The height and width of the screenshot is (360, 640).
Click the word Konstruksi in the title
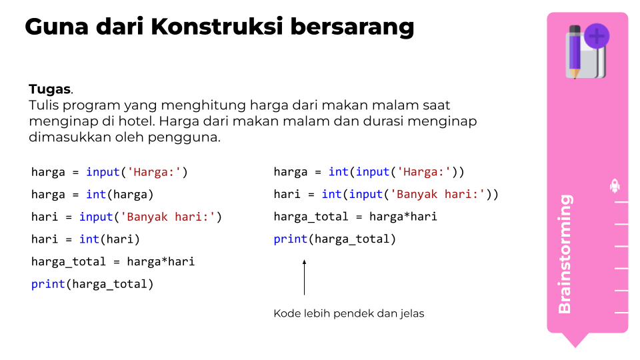tap(217, 27)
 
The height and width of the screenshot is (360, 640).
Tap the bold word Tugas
tap(49, 89)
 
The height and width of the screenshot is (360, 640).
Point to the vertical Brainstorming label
tap(565, 254)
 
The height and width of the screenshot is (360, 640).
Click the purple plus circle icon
tap(597, 36)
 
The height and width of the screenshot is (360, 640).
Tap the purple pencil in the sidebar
tap(575, 51)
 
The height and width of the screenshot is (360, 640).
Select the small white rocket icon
tap(615, 186)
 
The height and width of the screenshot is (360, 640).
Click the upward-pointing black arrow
tap(304, 277)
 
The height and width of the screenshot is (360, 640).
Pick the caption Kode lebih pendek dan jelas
tap(349, 313)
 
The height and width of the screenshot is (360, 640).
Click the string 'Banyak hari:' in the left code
tap(167, 217)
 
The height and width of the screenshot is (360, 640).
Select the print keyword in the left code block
tap(48, 284)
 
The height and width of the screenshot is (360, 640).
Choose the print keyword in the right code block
tap(290, 239)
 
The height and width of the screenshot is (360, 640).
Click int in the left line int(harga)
tap(96, 194)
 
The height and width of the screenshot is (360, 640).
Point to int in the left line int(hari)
tap(89, 239)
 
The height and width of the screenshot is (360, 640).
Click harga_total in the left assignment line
tap(69, 262)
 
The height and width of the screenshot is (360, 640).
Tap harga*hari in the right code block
tap(403, 217)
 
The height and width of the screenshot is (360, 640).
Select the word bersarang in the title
tap(352, 27)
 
